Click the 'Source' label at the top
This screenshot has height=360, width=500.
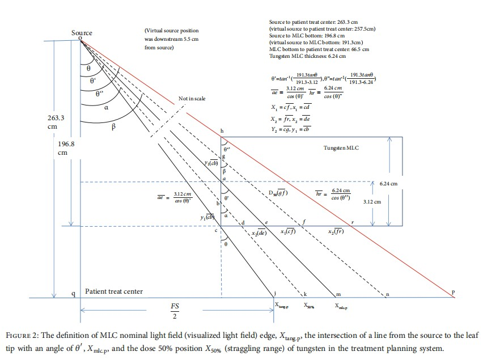tap(82, 33)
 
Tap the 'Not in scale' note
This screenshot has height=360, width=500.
tap(192, 99)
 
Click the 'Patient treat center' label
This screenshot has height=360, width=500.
tap(114, 291)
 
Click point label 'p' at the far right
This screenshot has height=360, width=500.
tap(453, 293)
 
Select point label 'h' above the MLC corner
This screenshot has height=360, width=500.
tap(222, 132)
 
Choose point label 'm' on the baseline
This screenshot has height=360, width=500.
tap(338, 294)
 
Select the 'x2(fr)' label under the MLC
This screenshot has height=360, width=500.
tap(336, 231)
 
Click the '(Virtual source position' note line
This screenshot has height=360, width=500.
tap(170, 31)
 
